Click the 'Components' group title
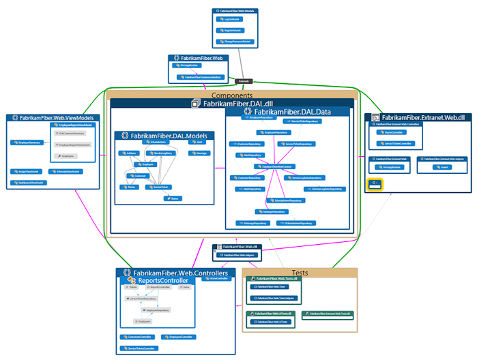(232, 95)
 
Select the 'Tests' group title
(300, 272)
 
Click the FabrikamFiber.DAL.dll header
(232, 104)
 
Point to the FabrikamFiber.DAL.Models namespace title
(162, 136)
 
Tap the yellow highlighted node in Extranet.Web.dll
(375, 183)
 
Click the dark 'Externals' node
(247, 80)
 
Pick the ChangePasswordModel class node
(236, 40)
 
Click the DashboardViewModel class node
(28, 182)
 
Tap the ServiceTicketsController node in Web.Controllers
(139, 348)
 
